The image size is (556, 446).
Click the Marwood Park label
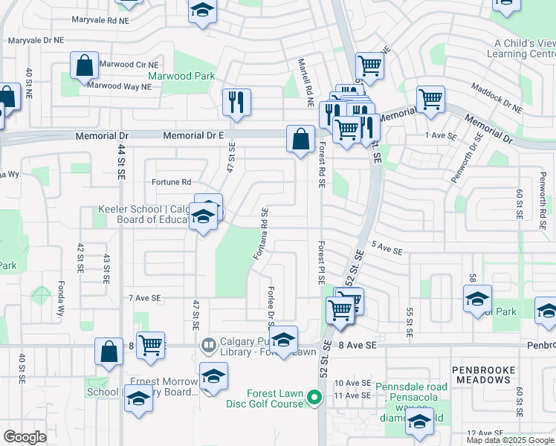181,77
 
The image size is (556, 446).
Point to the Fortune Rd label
172,182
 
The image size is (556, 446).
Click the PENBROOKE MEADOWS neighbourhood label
482,374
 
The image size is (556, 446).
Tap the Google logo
25,436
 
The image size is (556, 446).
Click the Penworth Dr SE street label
466,158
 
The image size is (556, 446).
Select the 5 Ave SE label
387,251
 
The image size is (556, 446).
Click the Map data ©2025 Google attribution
509,440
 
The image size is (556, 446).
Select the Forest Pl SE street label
321,262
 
